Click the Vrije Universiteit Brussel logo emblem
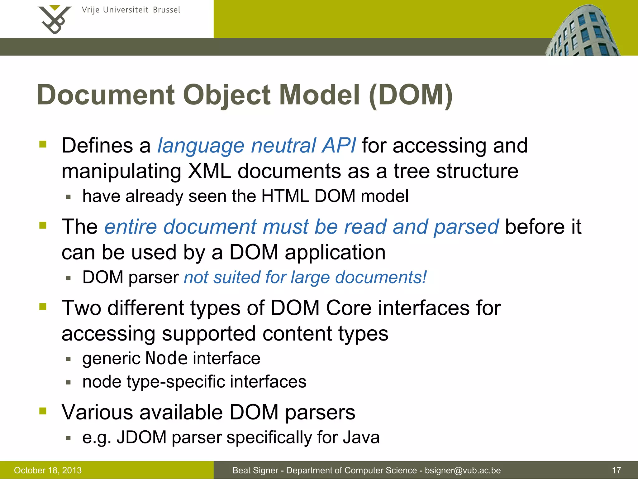tap(55, 19)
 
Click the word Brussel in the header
tap(167, 10)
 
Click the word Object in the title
tap(227, 95)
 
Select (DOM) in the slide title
tap(411, 95)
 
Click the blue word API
tap(339, 146)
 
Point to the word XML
tap(209, 171)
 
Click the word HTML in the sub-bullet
tap(285, 196)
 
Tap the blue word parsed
tap(466, 227)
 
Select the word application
tap(335, 252)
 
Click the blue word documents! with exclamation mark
tap(381, 277)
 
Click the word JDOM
tap(141, 437)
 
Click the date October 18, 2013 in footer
tap(48, 470)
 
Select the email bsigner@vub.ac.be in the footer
tap(463, 470)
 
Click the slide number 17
tap(617, 470)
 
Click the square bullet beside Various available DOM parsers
tap(43, 411)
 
